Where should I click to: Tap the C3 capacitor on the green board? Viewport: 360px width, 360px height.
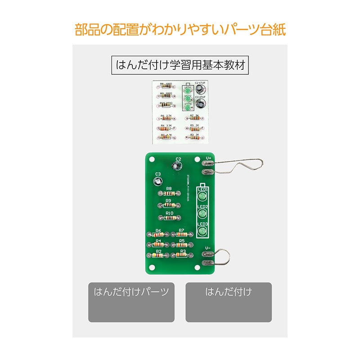(157, 182)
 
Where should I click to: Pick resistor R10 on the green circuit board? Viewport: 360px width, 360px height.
(169, 218)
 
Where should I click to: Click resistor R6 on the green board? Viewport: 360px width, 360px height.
(158, 235)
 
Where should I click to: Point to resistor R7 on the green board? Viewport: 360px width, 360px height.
(181, 235)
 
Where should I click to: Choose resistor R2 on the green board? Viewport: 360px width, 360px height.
(158, 255)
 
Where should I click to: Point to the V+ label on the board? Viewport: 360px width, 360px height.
(208, 158)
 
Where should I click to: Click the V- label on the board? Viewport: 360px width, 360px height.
(208, 248)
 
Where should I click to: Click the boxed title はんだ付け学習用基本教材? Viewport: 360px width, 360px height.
(180, 65)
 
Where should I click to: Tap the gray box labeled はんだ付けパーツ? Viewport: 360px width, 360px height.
(131, 302)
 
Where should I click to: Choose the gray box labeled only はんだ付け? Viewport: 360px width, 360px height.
(229, 302)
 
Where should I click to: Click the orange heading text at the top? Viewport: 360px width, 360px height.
(180, 31)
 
